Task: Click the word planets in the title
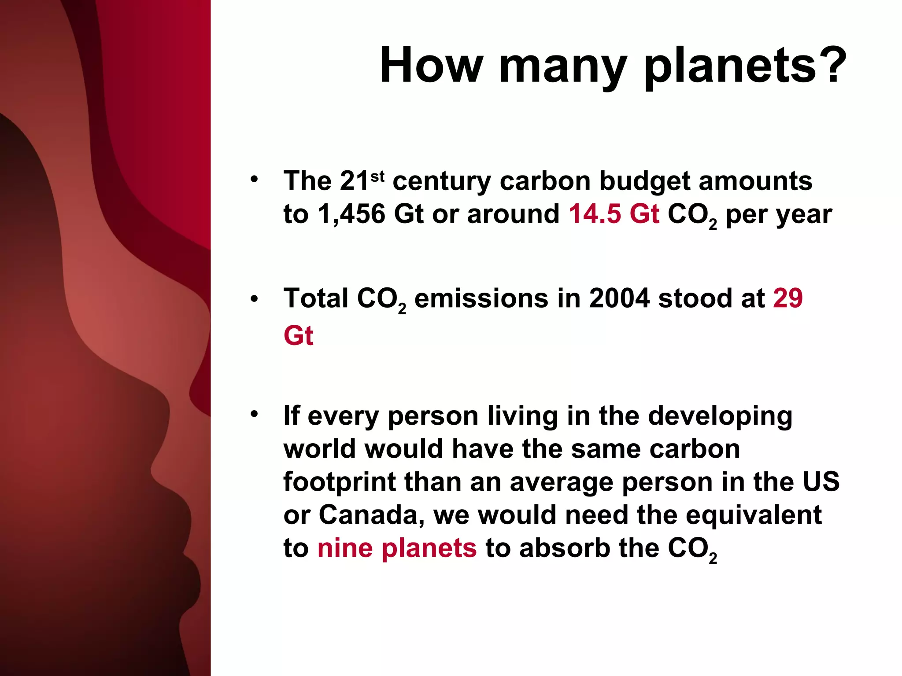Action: (x=731, y=66)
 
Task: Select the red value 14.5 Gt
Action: (x=614, y=214)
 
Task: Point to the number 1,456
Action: (x=351, y=214)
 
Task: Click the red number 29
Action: (x=788, y=298)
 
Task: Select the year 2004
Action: (x=619, y=298)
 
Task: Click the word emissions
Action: (x=481, y=298)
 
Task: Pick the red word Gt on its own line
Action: (x=298, y=336)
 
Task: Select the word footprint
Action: (x=340, y=482)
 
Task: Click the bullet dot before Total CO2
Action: (x=254, y=299)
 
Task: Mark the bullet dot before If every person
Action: (x=254, y=414)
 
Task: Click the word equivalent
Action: (x=754, y=515)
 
